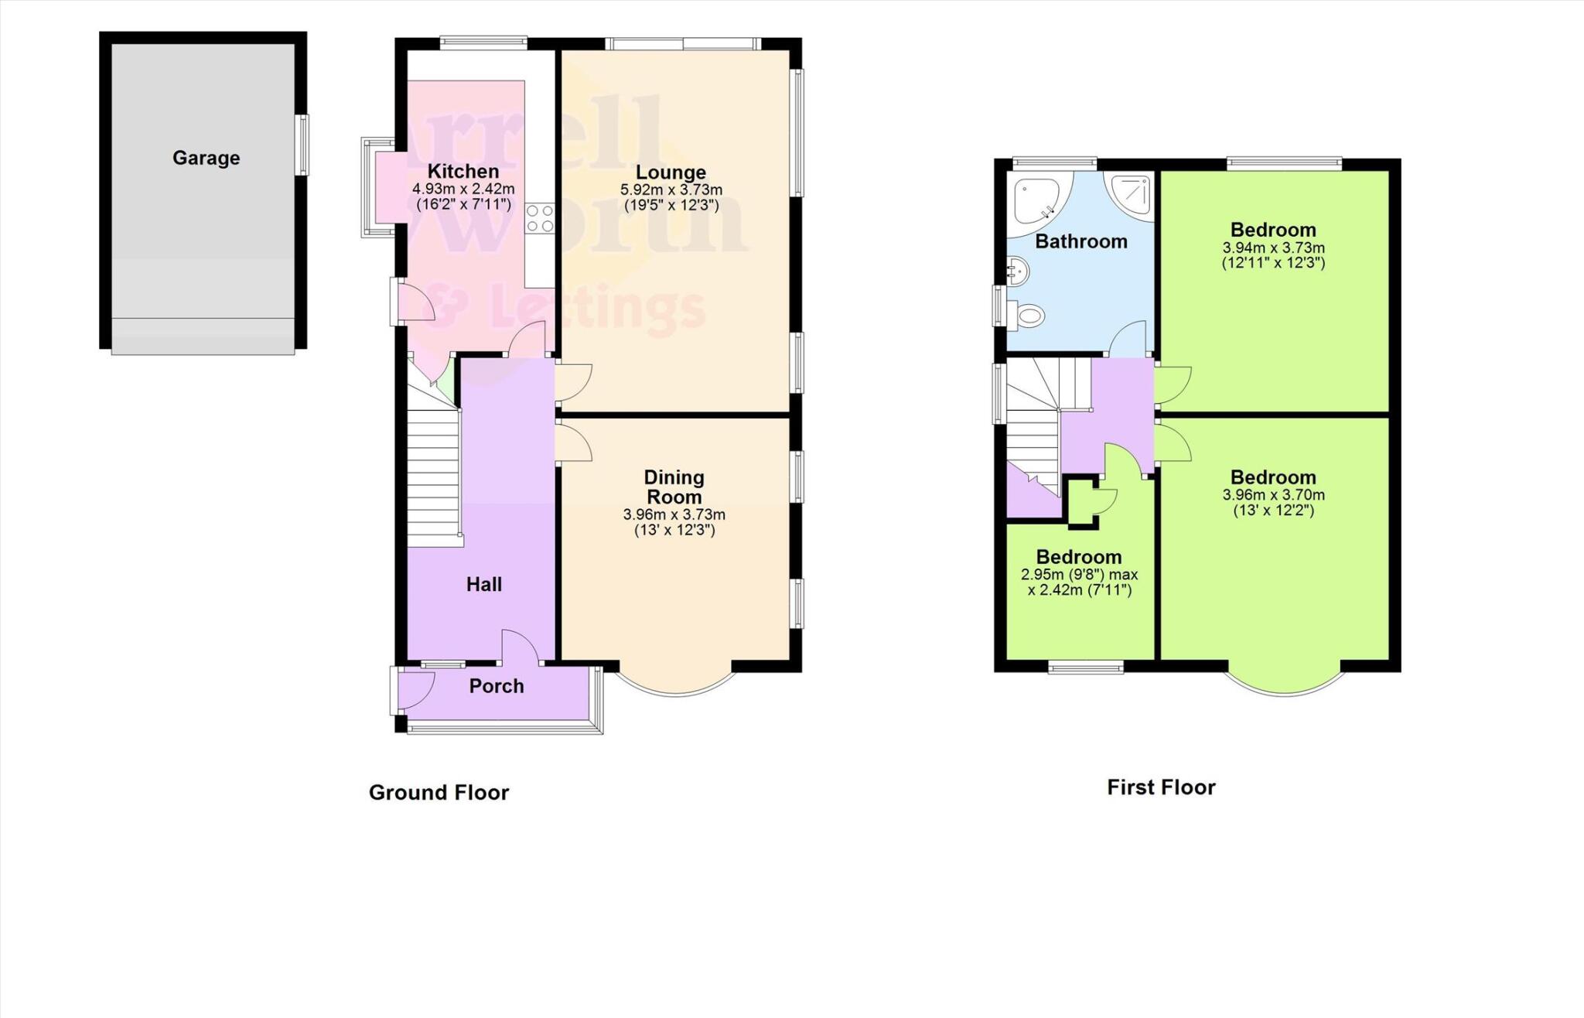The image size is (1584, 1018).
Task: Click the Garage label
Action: pyautogui.click(x=206, y=158)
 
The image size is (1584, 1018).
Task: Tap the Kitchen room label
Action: pyautogui.click(x=463, y=171)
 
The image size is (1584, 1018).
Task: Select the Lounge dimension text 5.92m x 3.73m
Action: pyautogui.click(x=671, y=190)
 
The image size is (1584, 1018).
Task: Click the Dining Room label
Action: pyautogui.click(x=674, y=487)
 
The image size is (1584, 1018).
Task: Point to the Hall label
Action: pyautogui.click(x=484, y=584)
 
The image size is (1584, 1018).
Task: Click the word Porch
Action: pyautogui.click(x=497, y=686)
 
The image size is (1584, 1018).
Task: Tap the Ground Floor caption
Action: pyautogui.click(x=439, y=792)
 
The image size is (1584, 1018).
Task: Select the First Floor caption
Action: pyautogui.click(x=1161, y=787)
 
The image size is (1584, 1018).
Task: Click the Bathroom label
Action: pyautogui.click(x=1080, y=241)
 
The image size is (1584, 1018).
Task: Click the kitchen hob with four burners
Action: pyautogui.click(x=540, y=217)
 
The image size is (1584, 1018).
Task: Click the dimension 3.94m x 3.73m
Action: pyautogui.click(x=1273, y=248)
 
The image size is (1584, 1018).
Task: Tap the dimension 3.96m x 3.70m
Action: pyautogui.click(x=1273, y=495)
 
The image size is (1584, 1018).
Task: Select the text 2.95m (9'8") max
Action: pyautogui.click(x=1079, y=575)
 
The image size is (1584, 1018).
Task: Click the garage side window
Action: pyautogui.click(x=304, y=145)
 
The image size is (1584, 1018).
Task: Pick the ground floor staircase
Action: pyautogui.click(x=434, y=472)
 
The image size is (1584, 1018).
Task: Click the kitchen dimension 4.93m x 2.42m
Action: pyautogui.click(x=463, y=189)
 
